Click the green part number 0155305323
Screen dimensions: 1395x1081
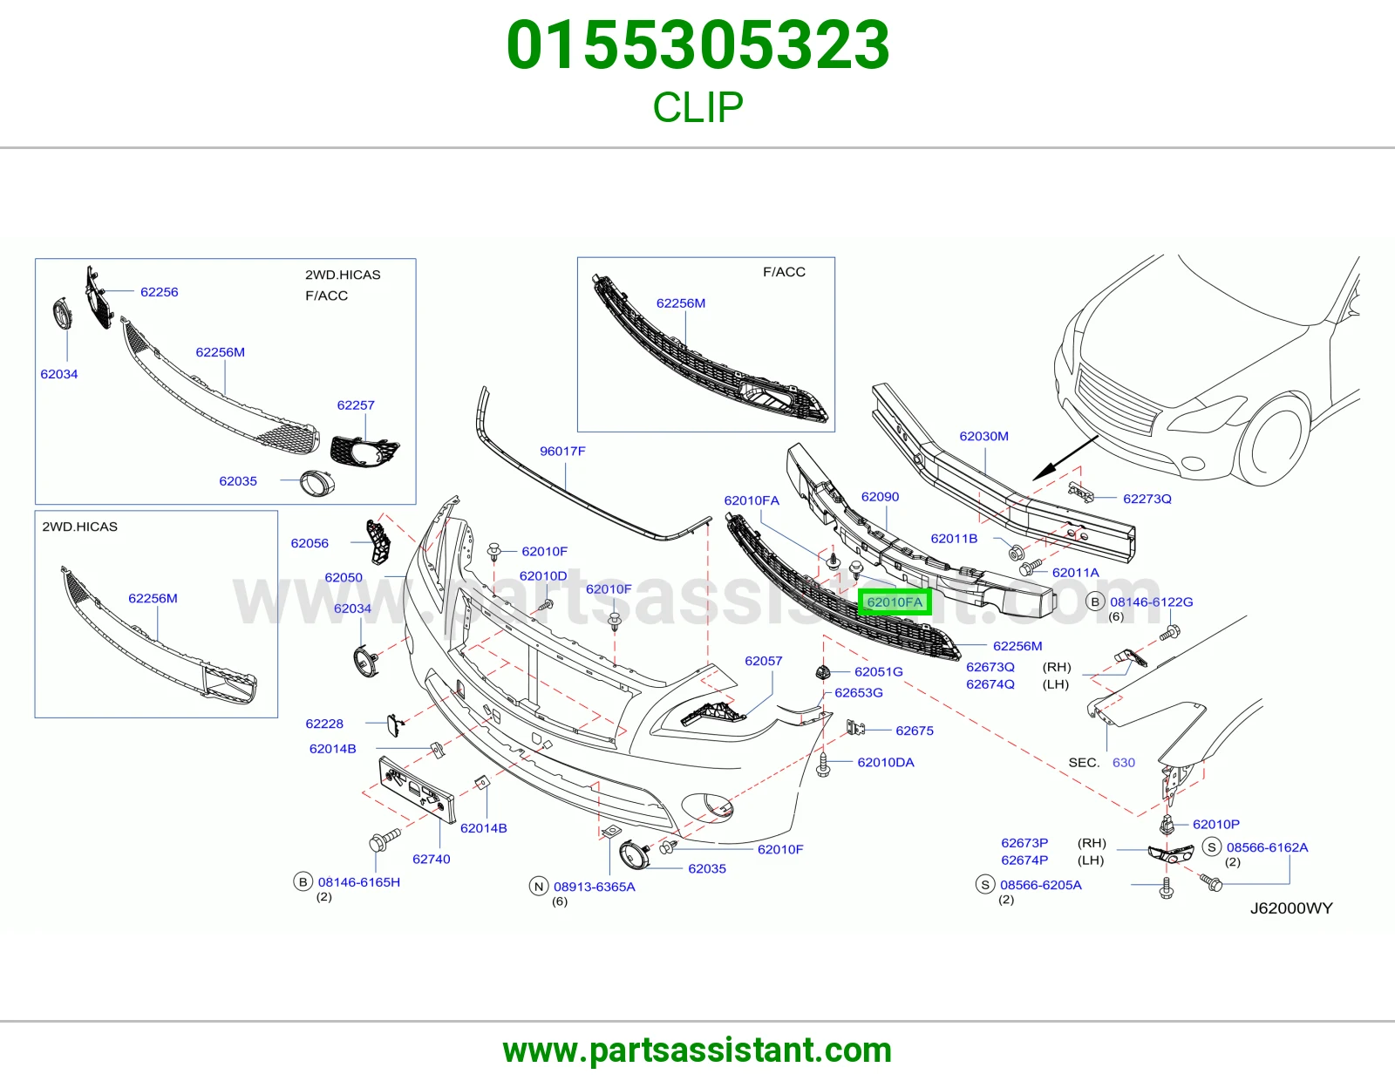click(x=697, y=45)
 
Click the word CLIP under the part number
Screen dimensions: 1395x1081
click(x=697, y=106)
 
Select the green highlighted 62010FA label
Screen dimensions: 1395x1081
click(x=895, y=602)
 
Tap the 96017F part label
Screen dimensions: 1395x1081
click(x=562, y=452)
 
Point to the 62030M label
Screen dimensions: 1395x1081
click(x=983, y=436)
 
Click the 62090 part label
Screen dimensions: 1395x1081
click(x=880, y=497)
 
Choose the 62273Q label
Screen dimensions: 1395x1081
click(x=1147, y=499)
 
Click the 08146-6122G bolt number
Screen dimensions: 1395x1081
click(x=1152, y=602)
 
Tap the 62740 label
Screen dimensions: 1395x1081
click(x=432, y=859)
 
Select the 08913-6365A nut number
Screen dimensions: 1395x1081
click(x=595, y=887)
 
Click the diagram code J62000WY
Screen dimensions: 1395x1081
click(x=1291, y=908)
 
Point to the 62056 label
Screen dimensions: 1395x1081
click(x=310, y=543)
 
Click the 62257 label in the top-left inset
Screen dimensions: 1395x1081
click(x=356, y=405)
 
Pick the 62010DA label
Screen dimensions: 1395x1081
click(x=886, y=762)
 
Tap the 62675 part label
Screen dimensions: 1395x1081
click(x=915, y=731)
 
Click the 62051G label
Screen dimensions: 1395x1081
click(x=879, y=671)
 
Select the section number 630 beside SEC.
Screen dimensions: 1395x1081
click(x=1124, y=763)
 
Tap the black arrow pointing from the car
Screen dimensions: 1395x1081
click(x=1065, y=458)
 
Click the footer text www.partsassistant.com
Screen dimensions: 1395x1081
click(x=697, y=1050)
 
